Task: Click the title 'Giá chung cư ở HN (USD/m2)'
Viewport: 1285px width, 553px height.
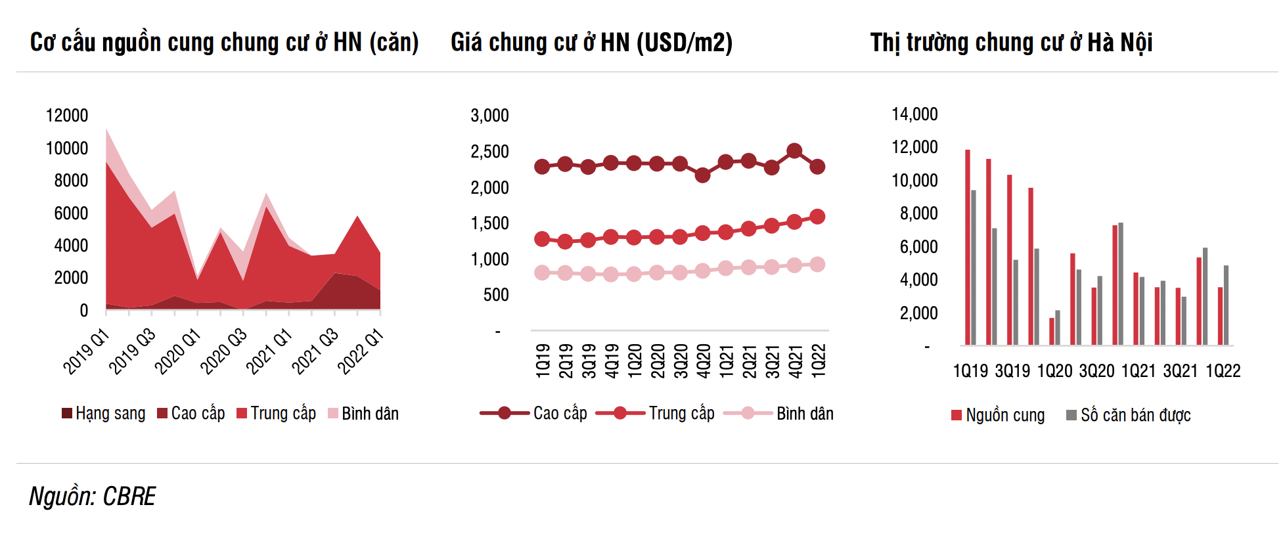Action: click(x=591, y=43)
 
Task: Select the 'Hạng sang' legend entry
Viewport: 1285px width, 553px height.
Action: click(x=103, y=413)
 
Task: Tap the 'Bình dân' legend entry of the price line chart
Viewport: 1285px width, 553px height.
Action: click(x=778, y=413)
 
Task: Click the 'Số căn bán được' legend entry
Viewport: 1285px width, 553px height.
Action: click(x=1128, y=415)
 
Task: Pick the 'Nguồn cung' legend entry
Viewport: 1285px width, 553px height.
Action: click(x=998, y=415)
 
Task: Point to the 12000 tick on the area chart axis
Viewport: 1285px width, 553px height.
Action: click(x=66, y=116)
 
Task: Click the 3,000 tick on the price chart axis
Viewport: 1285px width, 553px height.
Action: click(x=489, y=116)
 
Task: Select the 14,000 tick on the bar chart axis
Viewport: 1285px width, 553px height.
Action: click(x=914, y=114)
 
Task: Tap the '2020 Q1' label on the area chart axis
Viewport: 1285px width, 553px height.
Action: click(x=177, y=351)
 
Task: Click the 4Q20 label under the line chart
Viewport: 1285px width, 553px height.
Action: click(x=703, y=361)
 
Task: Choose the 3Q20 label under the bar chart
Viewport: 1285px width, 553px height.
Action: click(x=1096, y=371)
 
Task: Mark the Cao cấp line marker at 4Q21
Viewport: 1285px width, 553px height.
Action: click(x=794, y=151)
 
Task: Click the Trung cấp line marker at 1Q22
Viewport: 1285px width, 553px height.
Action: click(x=817, y=217)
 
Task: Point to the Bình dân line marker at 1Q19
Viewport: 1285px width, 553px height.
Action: click(x=542, y=273)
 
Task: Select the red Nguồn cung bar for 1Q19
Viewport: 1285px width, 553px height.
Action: click(x=968, y=247)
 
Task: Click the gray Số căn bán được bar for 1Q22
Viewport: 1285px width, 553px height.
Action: click(x=1226, y=305)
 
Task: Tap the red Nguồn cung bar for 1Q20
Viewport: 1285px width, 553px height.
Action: click(x=1052, y=332)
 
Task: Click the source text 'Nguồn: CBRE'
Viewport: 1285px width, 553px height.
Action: click(x=93, y=497)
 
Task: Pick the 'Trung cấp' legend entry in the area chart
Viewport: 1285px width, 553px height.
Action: click(x=276, y=413)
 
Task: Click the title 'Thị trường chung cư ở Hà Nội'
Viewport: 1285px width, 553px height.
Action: click(x=1011, y=43)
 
